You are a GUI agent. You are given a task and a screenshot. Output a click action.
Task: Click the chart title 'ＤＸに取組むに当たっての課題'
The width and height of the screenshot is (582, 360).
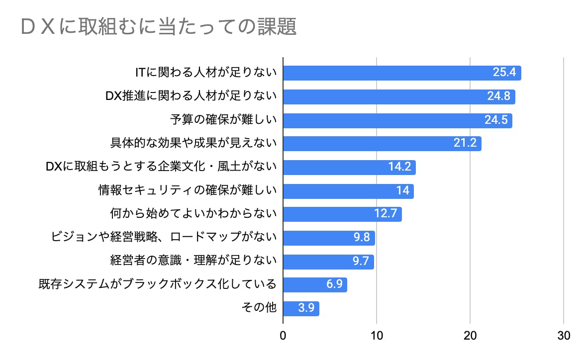(159, 27)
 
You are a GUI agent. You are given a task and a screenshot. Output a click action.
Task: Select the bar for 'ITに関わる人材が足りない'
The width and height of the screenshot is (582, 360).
(402, 73)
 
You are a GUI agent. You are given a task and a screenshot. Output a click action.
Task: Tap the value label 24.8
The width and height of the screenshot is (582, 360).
(499, 96)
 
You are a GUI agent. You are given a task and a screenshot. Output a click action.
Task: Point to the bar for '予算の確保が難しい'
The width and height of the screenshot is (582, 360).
(397, 120)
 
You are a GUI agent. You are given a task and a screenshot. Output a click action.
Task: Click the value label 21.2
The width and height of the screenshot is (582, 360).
(465, 144)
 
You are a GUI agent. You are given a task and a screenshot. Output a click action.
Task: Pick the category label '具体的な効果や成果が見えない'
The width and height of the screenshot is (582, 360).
(193, 144)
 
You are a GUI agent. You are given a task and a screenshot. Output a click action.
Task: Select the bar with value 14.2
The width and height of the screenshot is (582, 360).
(349, 167)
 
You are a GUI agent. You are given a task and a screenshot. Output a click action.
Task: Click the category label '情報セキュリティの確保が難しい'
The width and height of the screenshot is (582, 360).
(188, 191)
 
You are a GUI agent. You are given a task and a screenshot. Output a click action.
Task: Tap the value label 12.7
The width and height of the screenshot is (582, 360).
(386, 214)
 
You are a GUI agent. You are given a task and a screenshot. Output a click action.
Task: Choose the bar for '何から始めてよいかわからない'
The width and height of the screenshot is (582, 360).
(342, 214)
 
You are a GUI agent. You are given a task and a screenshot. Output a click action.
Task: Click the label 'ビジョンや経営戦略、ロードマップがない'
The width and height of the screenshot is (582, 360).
(164, 238)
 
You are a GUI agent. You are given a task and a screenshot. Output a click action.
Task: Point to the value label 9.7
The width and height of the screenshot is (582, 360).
(360, 262)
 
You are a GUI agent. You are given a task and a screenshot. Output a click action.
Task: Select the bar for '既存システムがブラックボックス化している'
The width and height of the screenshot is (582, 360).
(315, 285)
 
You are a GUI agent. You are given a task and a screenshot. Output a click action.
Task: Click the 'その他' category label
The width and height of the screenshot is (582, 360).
(259, 308)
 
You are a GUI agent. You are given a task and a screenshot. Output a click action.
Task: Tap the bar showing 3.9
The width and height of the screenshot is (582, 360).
(301, 308)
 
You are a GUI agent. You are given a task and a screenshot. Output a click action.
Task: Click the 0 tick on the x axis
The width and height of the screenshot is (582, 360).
(283, 336)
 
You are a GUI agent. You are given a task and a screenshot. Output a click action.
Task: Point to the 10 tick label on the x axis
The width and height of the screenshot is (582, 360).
(377, 336)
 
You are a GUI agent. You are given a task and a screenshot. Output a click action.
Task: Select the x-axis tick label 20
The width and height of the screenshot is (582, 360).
(470, 336)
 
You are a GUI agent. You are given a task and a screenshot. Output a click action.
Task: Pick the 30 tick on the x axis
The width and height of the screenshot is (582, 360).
(564, 336)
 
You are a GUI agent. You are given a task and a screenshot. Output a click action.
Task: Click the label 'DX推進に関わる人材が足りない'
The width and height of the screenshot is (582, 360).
(191, 96)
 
